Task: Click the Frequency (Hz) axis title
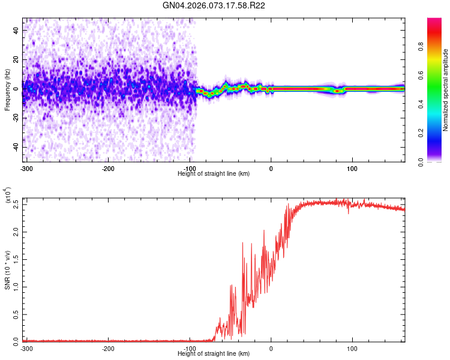[x=7, y=91]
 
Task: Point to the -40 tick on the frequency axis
[x=15, y=147]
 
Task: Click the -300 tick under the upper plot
[x=26, y=168]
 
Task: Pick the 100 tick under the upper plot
[x=353, y=168]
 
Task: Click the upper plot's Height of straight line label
[x=214, y=174]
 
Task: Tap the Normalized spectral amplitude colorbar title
[x=446, y=91]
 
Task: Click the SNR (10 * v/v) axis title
[x=7, y=269]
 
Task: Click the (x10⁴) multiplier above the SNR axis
[x=7, y=196]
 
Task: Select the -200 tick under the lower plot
[x=108, y=348]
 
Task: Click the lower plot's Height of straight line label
[x=214, y=354]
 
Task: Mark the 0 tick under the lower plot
[x=271, y=348]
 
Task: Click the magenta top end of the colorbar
[x=435, y=21]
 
